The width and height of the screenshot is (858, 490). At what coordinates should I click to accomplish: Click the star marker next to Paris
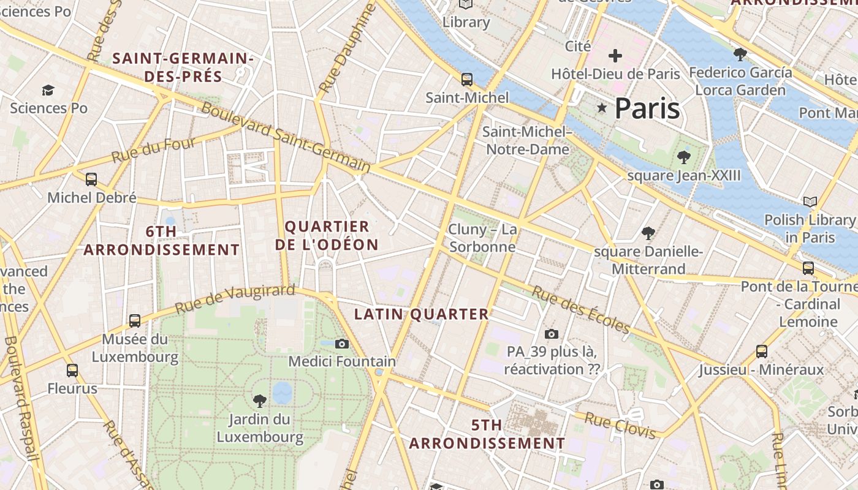click(602, 108)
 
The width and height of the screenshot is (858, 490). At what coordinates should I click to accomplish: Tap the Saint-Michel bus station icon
click(467, 79)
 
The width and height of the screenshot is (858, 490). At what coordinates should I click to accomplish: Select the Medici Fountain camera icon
click(342, 344)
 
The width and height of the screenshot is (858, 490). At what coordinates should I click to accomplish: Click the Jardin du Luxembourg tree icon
click(260, 401)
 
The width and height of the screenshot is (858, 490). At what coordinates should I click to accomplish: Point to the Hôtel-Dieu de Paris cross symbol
click(615, 56)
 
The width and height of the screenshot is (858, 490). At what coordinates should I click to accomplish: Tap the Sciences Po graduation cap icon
click(48, 91)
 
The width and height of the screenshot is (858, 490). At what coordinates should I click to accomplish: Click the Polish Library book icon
click(810, 202)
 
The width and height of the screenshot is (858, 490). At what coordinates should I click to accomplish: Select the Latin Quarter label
click(422, 314)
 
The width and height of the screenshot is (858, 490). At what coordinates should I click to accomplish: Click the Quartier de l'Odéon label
click(327, 235)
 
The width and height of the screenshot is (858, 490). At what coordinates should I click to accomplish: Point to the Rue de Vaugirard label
click(235, 299)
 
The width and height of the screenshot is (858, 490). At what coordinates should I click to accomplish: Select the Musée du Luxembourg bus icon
click(135, 320)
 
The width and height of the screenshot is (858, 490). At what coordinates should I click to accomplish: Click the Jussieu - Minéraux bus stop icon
click(762, 351)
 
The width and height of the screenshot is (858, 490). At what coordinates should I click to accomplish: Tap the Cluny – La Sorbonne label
click(482, 238)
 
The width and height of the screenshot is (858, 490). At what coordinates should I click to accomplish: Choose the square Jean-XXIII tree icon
click(683, 157)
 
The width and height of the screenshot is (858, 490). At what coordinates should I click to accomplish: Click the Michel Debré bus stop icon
click(91, 179)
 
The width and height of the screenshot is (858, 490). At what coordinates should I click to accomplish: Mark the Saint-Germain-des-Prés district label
click(183, 67)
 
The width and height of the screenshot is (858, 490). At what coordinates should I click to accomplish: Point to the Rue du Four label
click(154, 149)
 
